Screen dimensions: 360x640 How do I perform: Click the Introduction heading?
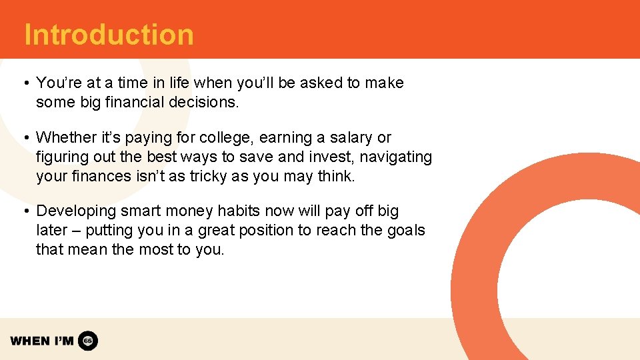click(x=109, y=35)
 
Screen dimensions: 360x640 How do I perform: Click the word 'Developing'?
click(x=76, y=211)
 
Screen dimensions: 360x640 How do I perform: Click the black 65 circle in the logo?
click(x=88, y=341)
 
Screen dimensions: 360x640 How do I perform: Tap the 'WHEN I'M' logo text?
click(x=42, y=341)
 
